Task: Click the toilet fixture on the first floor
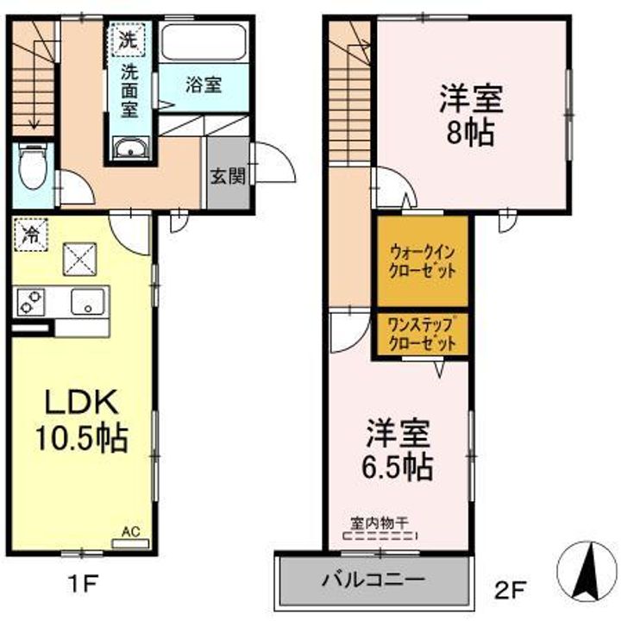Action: tap(33, 166)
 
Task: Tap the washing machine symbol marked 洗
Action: tap(129, 39)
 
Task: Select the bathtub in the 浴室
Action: tap(204, 42)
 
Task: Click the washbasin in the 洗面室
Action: tap(131, 148)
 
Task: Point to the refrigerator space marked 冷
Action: tap(31, 235)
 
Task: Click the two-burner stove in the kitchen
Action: tap(30, 302)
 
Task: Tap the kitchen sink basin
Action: tap(88, 302)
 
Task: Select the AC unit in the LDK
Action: tap(130, 543)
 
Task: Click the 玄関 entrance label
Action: tap(228, 176)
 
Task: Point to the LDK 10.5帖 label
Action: tap(82, 421)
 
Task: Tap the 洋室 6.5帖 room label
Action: tap(398, 449)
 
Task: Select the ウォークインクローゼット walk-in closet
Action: tap(422, 261)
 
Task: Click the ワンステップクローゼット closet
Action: tap(422, 335)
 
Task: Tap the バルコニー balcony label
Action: tap(373, 580)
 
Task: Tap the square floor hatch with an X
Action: tap(79, 260)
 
